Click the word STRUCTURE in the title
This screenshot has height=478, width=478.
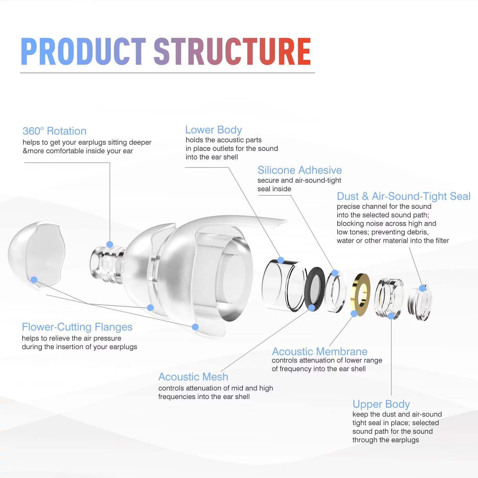pos(232,51)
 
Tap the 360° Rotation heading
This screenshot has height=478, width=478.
pos(54,131)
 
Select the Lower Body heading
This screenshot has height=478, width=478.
pos(213,130)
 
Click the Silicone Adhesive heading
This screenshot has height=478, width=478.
pos(300,170)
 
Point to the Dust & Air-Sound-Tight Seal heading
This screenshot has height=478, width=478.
pos(403,196)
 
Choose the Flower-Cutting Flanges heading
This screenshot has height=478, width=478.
pos(77,327)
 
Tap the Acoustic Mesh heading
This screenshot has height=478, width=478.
pos(193,377)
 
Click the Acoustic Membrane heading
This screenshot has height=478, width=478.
pos(320,352)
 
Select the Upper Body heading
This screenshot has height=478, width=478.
pos(381,404)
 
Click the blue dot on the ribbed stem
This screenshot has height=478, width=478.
pos(110,244)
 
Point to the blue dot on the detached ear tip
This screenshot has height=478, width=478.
pos(34,280)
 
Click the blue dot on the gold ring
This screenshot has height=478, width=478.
pos(354,314)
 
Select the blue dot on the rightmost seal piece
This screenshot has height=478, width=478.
pos(422,288)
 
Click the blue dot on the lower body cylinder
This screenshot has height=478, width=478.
pos(281,260)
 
